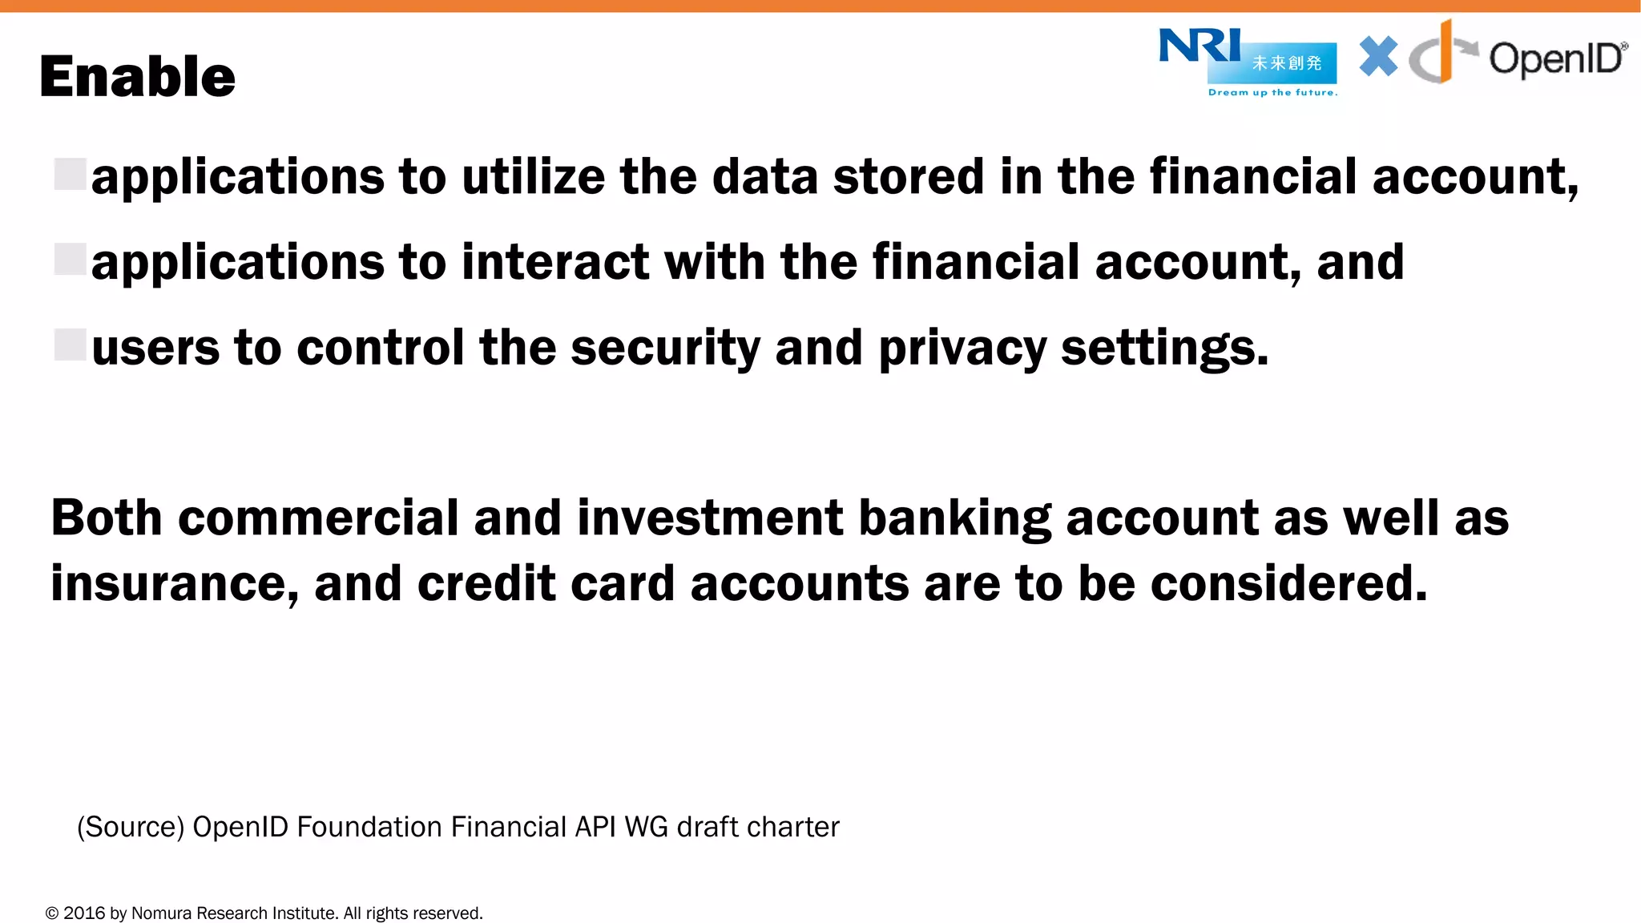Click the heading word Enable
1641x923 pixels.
coord(137,77)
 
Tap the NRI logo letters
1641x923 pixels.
coord(1199,46)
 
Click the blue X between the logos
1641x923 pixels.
coord(1378,57)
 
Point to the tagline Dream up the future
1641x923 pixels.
coord(1272,93)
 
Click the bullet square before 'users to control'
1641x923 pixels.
coord(71,345)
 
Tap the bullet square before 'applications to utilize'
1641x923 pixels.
coord(71,174)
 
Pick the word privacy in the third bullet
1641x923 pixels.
coord(962,349)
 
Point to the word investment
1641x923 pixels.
coord(709,518)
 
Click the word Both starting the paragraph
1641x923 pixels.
coord(107,518)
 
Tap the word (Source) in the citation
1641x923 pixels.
coord(131,827)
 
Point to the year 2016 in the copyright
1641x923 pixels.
coord(84,913)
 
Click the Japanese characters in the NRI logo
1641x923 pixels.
coord(1287,63)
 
